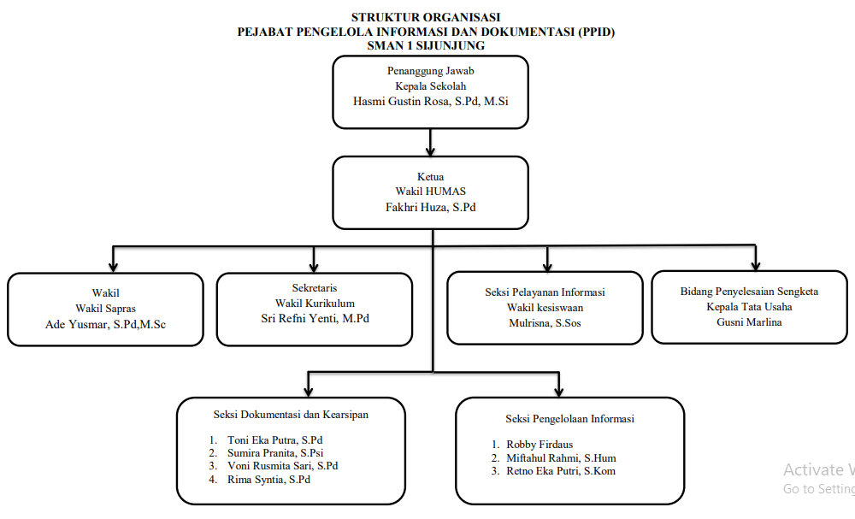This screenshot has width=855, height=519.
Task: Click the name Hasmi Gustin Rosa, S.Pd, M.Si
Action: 430,102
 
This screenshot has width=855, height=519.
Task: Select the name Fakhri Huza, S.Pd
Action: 430,207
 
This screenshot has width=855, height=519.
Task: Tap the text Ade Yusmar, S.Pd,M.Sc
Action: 105,324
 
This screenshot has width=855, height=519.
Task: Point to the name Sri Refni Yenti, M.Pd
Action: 315,318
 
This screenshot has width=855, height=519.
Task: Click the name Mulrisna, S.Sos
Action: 545,323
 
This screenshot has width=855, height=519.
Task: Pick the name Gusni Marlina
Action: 749,322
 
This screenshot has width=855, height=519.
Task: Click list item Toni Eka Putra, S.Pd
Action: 274,440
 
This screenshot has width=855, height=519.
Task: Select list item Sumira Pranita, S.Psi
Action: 275,453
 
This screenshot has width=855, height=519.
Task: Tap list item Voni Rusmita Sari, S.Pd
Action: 282,466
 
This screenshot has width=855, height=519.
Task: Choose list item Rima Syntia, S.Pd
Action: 268,480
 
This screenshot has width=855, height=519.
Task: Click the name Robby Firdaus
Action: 540,445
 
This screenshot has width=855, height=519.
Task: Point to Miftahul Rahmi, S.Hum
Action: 561,458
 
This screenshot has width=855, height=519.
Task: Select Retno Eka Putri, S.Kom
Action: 561,471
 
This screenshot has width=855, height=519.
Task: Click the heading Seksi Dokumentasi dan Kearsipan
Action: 291,415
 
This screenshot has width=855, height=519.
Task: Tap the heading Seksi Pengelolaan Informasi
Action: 569,419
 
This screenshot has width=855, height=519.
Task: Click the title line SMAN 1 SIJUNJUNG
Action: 426,46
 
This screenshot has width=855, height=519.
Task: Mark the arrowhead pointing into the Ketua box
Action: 430,151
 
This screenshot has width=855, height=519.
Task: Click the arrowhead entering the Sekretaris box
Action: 314,267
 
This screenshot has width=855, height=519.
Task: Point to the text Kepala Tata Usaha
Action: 749,307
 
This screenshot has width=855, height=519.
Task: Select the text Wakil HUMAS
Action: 430,192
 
